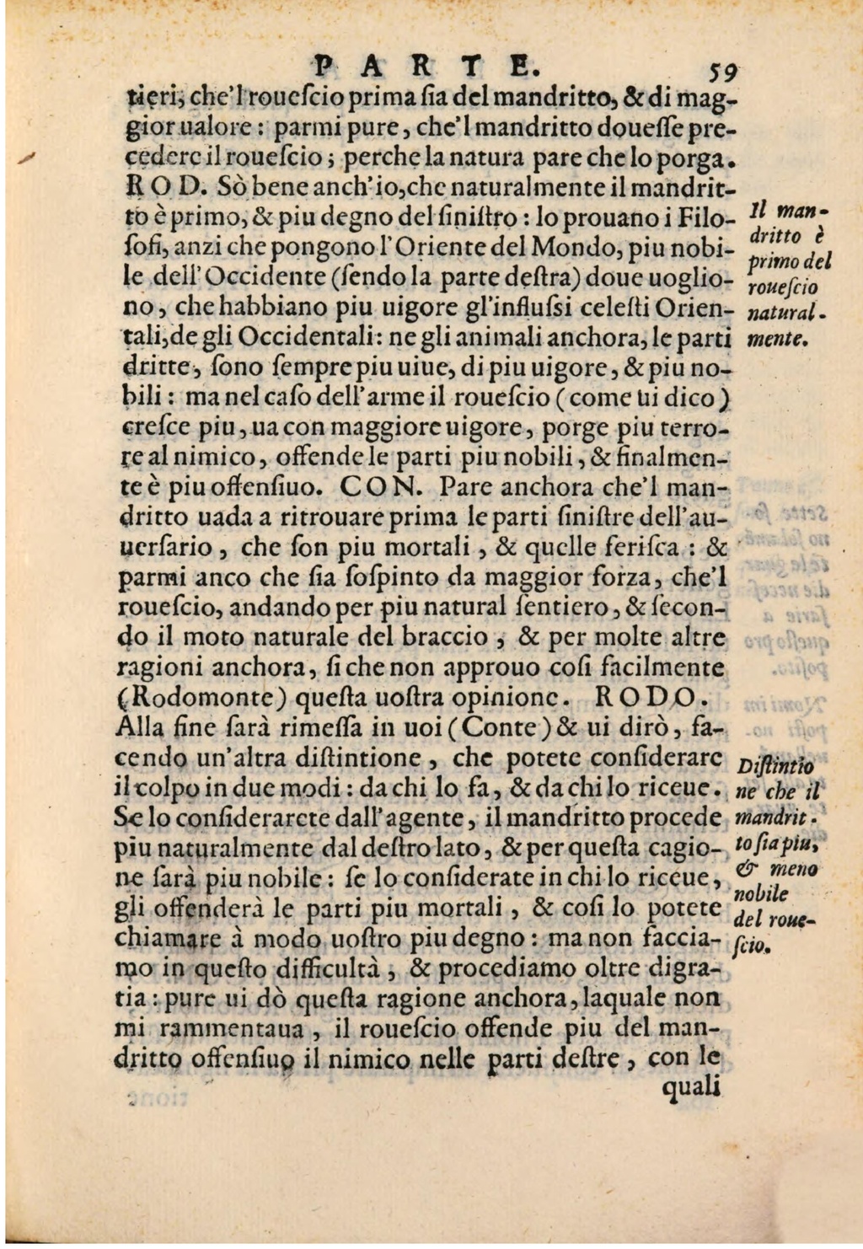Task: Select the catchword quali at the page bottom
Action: [x=694, y=1090]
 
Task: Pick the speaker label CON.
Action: [x=378, y=487]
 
